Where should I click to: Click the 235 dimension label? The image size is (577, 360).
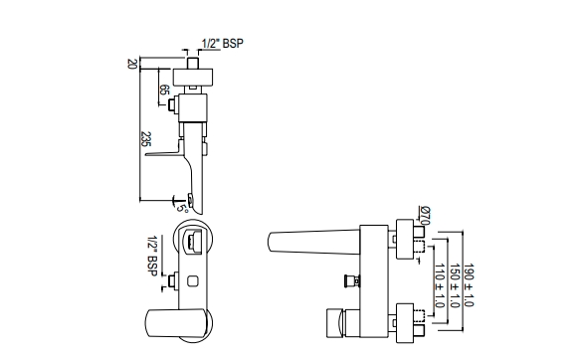(146, 139)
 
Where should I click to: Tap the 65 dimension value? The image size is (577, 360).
(165, 90)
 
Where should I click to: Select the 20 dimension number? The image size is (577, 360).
(131, 64)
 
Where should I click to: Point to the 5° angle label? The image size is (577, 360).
(182, 208)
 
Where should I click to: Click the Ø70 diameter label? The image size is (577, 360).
(425, 215)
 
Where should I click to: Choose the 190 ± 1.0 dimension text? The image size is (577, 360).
(469, 285)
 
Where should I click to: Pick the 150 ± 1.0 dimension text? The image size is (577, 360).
(455, 285)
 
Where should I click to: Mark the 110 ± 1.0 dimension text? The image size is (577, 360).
(440, 285)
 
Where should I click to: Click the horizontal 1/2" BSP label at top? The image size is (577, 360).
(222, 44)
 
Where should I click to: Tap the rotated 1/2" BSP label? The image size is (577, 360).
(153, 257)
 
